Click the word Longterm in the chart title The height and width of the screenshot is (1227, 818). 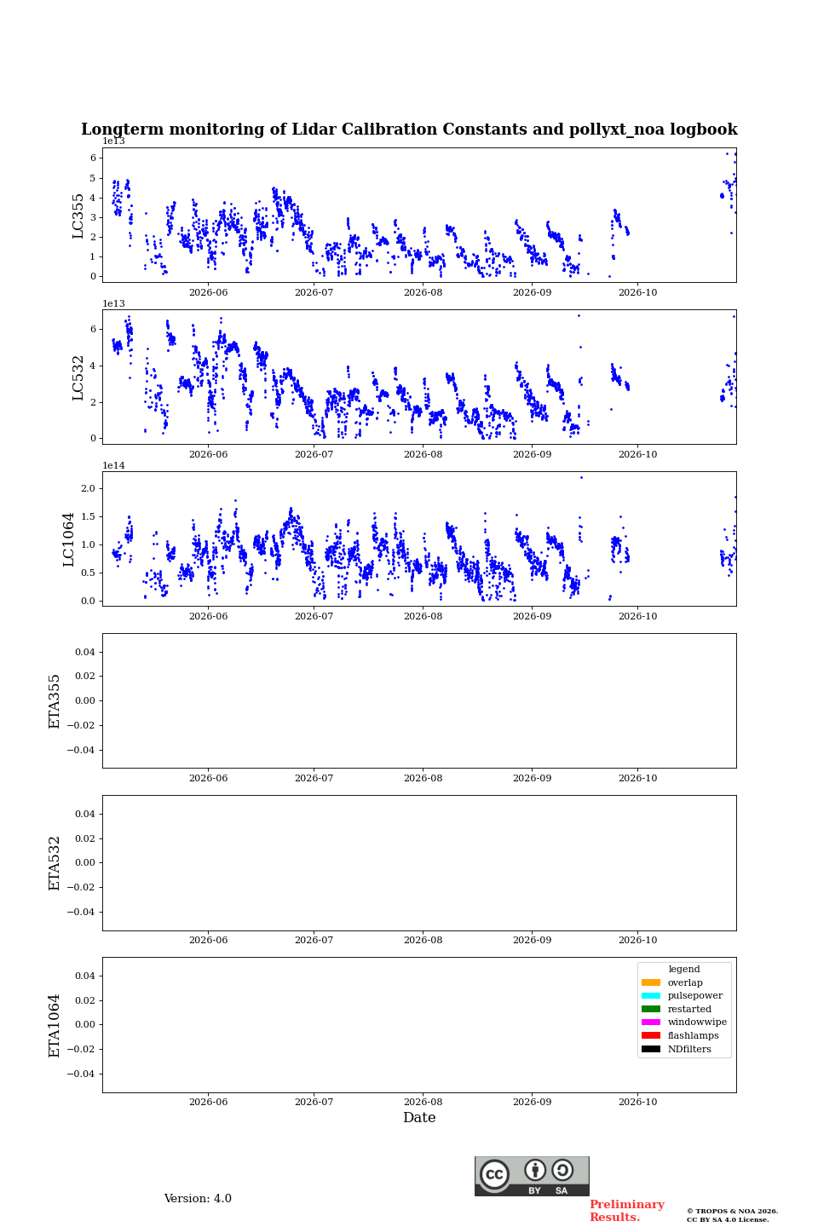click(122, 130)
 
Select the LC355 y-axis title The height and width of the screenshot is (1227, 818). click(78, 216)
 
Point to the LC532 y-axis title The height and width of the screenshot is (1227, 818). click(78, 378)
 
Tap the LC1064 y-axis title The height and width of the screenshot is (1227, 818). click(68, 539)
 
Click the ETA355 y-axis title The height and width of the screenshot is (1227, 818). click(55, 701)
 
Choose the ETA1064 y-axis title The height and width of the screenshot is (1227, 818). click(55, 1025)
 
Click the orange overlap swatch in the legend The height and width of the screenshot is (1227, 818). click(651, 982)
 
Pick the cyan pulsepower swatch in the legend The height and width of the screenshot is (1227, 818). click(651, 996)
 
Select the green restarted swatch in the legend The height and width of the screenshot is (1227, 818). click(651, 1009)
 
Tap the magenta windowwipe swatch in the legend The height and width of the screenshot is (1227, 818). click(651, 1022)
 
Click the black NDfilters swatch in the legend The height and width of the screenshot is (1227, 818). click(651, 1049)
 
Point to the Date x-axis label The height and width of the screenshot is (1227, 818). click(419, 1117)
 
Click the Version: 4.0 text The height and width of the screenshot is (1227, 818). click(198, 1199)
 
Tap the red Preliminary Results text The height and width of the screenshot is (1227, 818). click(627, 1211)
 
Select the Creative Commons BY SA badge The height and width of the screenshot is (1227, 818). click(532, 1176)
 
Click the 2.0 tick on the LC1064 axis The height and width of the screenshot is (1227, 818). click(89, 488)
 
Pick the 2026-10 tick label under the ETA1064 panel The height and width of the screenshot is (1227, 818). click(637, 1102)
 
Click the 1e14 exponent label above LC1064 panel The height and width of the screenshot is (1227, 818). click(114, 465)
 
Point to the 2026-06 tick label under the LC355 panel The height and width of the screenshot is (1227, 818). click(208, 292)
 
